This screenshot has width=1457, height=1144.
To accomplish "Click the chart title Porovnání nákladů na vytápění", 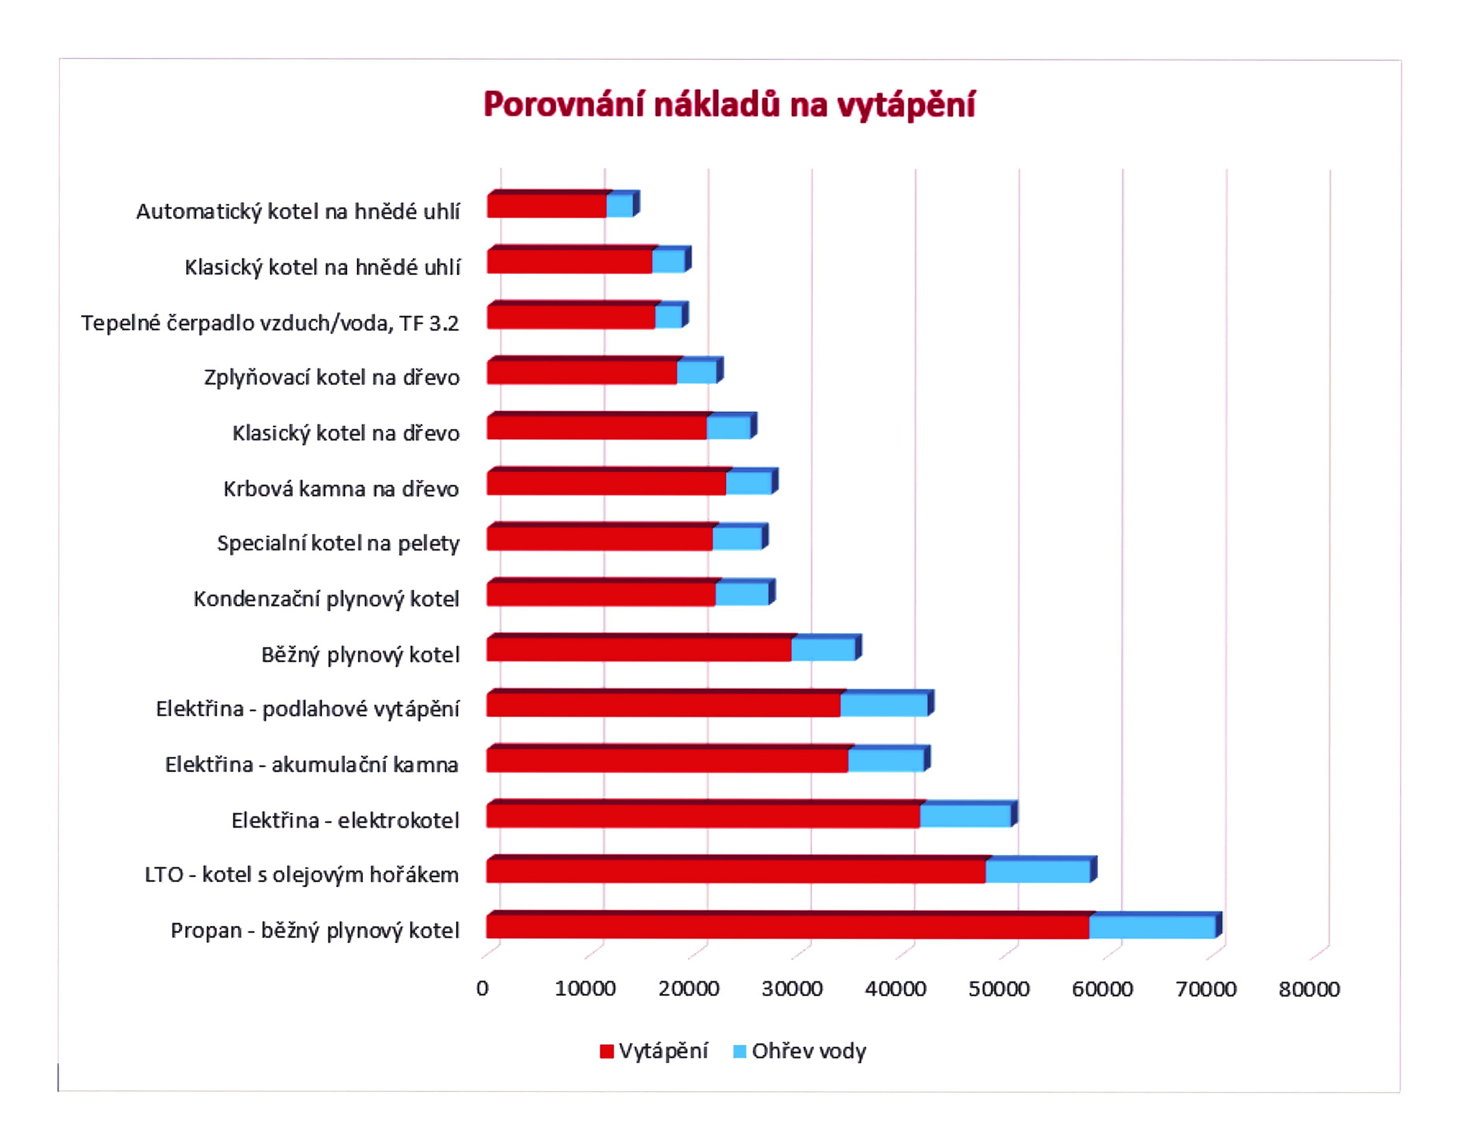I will [x=728, y=105].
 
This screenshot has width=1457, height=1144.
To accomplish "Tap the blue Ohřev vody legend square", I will [x=739, y=1051].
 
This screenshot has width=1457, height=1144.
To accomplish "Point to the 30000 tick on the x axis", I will [x=792, y=989].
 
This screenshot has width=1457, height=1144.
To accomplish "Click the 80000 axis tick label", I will [x=1309, y=989].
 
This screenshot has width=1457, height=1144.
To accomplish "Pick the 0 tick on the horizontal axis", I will [x=482, y=989].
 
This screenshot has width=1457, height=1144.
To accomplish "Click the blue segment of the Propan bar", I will [x=1152, y=927].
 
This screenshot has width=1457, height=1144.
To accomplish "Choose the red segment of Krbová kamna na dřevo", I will [x=606, y=484].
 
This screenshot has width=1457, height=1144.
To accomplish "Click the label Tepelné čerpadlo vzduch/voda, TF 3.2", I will [x=270, y=323].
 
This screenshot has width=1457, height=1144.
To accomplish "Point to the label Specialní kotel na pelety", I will [x=338, y=543].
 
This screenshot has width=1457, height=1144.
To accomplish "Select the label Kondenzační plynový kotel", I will [x=326, y=599].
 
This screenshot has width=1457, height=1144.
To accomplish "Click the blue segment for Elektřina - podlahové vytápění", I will [x=884, y=705].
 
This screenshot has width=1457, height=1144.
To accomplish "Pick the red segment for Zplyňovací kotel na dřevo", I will [x=581, y=372].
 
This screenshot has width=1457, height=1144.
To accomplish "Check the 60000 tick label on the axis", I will [x=1102, y=989].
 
